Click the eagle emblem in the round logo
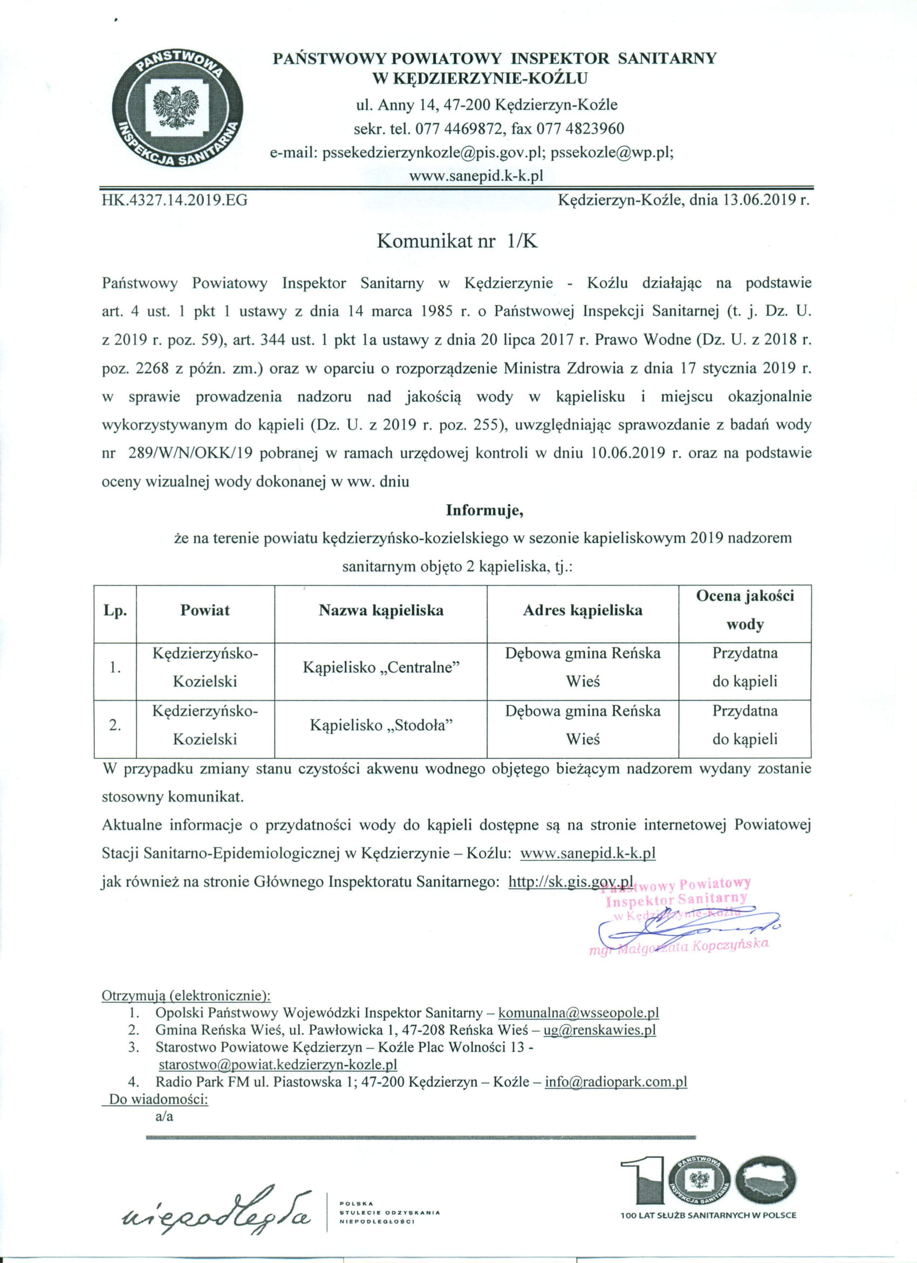tap(176, 107)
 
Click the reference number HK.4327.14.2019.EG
tap(174, 200)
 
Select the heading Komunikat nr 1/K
tap(457, 241)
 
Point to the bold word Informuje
tap(484, 510)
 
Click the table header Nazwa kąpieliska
tap(381, 610)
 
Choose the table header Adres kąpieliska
tap(582, 610)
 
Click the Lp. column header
tap(115, 611)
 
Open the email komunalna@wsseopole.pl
tap(578, 1012)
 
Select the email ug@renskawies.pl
tap(599, 1029)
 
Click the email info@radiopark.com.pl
tap(615, 1082)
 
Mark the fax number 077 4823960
tap(580, 129)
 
